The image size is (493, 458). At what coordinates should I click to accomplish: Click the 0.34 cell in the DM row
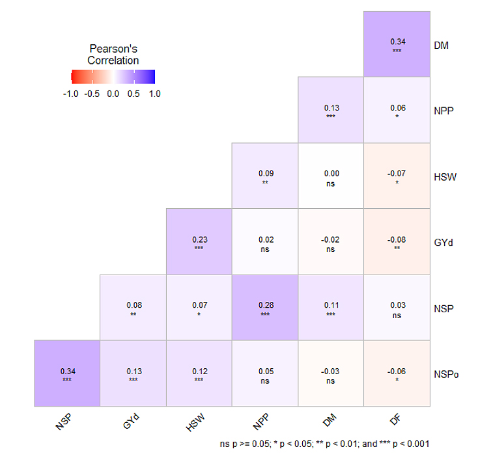point(397,44)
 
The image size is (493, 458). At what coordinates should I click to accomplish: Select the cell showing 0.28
point(265,308)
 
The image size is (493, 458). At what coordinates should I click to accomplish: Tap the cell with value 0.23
point(199,242)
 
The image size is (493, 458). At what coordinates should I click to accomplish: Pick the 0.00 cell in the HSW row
point(331,176)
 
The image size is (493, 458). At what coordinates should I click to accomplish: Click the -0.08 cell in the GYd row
point(397,242)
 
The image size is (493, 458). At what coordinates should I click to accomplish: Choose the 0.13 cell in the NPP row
point(331,110)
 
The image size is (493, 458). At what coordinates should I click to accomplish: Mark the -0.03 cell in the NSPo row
point(331,373)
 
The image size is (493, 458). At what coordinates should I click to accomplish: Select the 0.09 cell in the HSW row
point(265,176)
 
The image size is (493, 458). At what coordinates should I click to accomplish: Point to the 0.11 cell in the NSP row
point(331,308)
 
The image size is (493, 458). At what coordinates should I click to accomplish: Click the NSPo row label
point(446,374)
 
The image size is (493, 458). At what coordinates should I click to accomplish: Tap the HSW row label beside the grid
point(444,176)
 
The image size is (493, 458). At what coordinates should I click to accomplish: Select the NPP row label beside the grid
point(444,111)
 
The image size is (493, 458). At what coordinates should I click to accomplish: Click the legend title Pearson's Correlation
point(113,55)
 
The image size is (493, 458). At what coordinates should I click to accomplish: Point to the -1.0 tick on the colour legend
point(70,94)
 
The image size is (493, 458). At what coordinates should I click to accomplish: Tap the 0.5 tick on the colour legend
point(134,94)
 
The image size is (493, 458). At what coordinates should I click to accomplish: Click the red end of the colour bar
point(74,77)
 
